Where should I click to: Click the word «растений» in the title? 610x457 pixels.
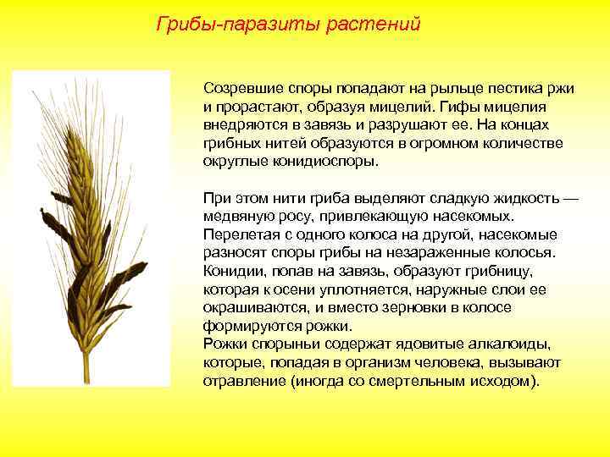click(379, 24)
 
